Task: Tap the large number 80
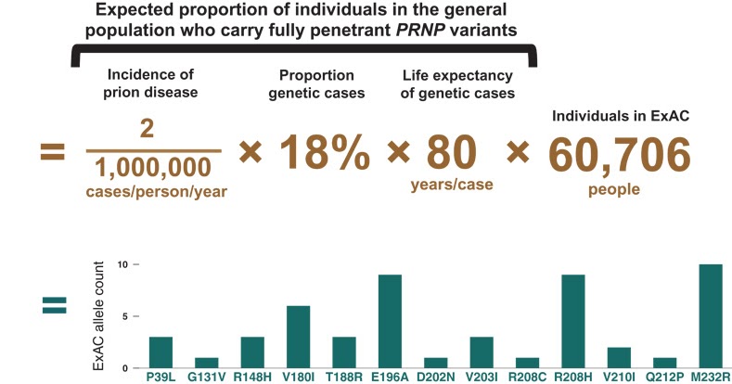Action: [451, 153]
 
